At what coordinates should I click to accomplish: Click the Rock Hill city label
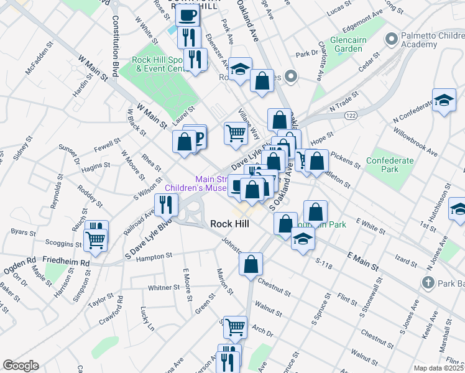[x=231, y=223]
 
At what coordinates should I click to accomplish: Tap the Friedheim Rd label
[x=67, y=263]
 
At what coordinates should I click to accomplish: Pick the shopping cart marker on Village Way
[x=235, y=132]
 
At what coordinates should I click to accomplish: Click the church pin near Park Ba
[x=427, y=283]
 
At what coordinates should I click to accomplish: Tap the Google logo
[x=20, y=366]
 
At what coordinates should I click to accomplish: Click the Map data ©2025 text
[x=438, y=368]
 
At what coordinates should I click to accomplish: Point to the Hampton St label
[x=154, y=256]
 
